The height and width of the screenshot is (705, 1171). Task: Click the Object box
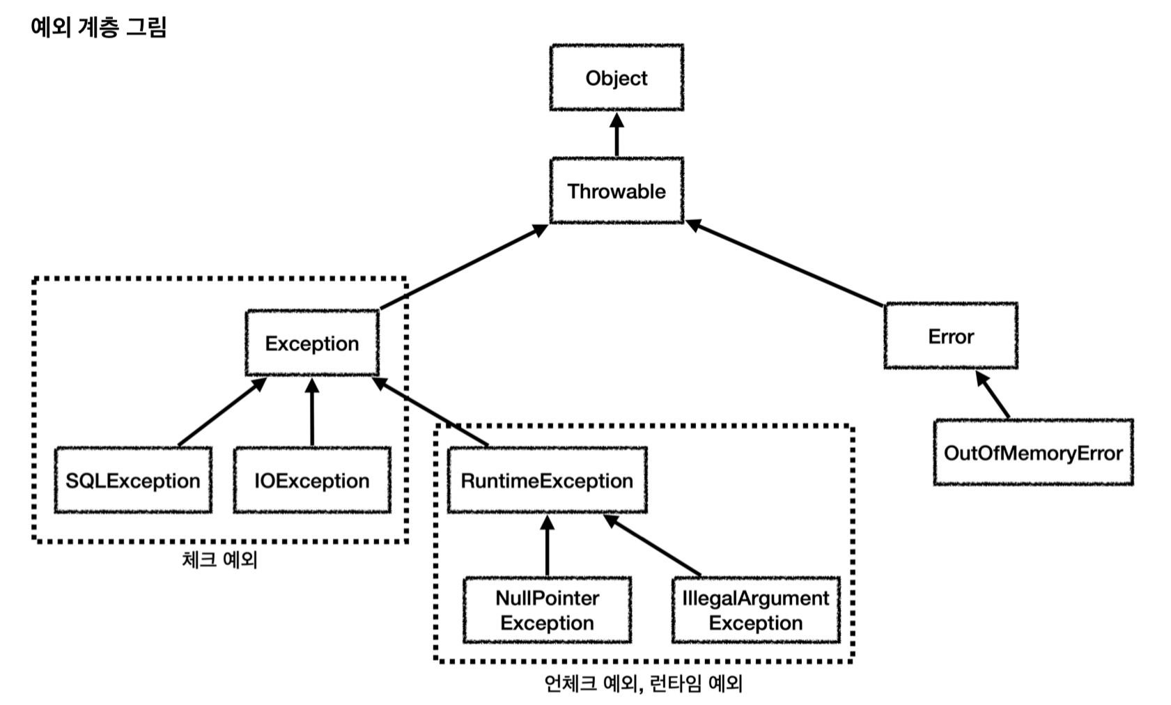[616, 77]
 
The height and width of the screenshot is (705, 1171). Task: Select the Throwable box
[616, 191]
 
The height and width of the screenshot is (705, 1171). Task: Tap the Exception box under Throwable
[311, 343]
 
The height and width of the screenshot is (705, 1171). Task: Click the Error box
[950, 336]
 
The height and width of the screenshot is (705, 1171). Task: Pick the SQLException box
[132, 481]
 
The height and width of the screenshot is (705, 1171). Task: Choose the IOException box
[311, 481]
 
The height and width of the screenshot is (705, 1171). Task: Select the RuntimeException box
[547, 481]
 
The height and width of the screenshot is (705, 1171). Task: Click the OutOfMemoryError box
[1032, 453]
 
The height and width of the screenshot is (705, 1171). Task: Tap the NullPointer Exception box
[547, 610]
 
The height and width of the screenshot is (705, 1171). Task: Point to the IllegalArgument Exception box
[755, 610]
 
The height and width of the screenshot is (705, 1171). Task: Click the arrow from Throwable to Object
[616, 135]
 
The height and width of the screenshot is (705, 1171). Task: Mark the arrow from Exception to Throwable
[463, 266]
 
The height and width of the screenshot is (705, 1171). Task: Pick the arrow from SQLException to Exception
[222, 412]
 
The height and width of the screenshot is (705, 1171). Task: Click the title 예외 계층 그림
[99, 27]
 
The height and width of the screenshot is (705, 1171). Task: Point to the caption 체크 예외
[219, 559]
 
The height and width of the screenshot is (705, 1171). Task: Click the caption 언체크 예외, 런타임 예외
[643, 683]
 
